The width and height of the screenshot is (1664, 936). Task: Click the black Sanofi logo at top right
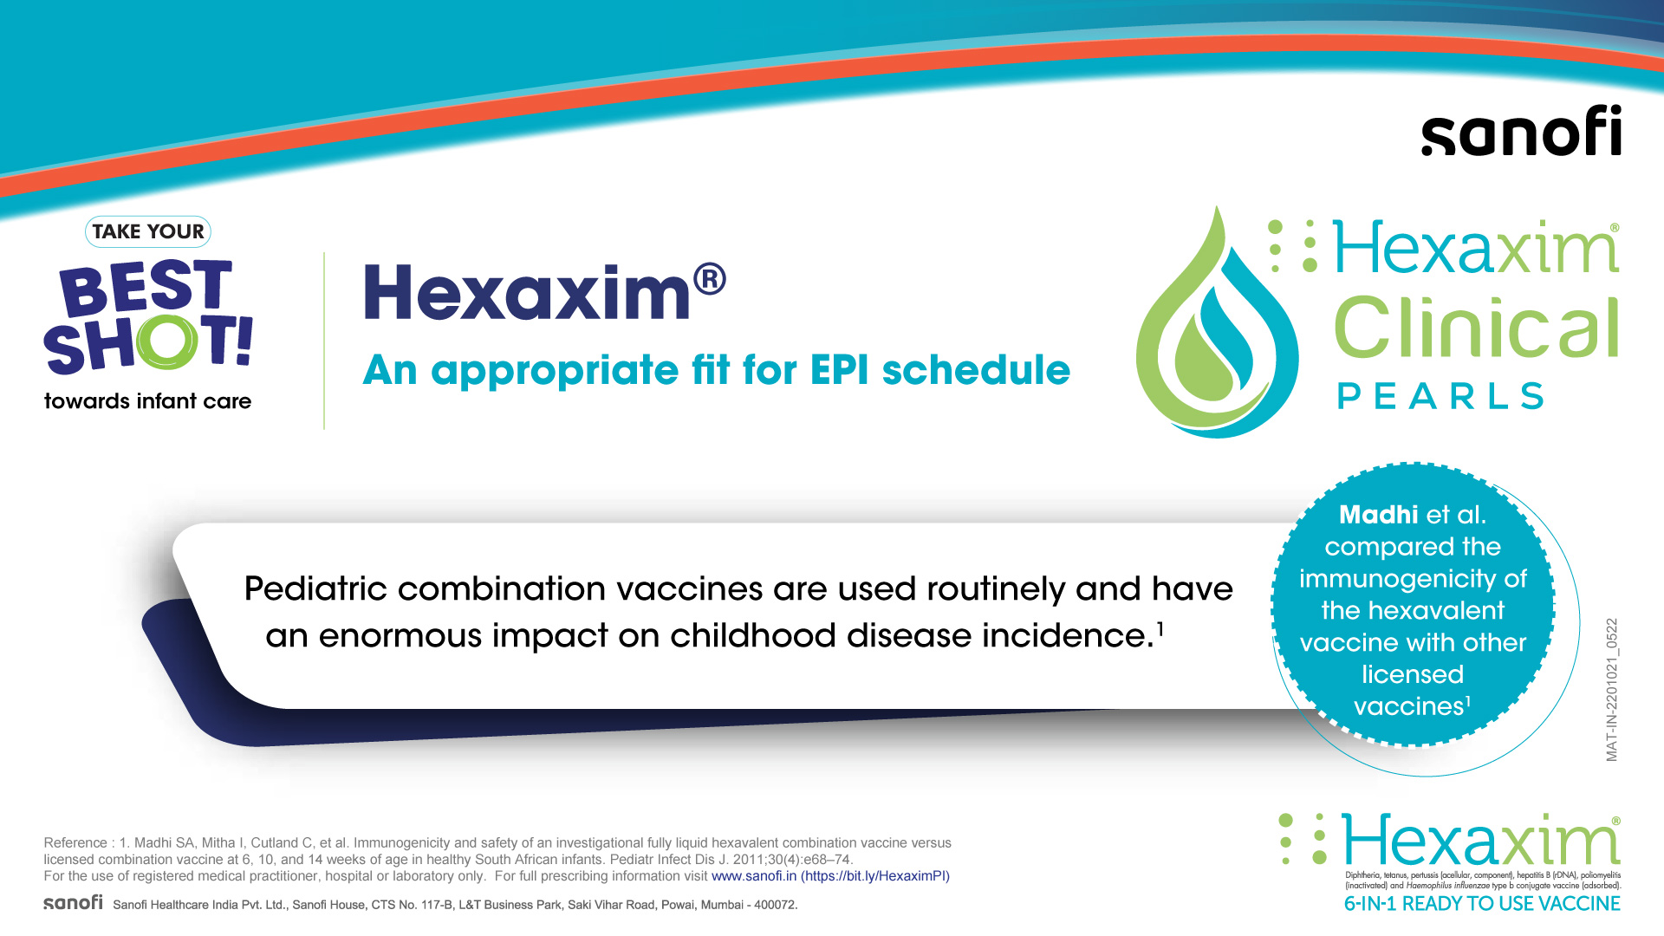pyautogui.click(x=1521, y=131)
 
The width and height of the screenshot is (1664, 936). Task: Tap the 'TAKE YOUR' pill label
pyautogui.click(x=148, y=231)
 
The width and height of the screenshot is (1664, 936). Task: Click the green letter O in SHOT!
pyautogui.click(x=167, y=341)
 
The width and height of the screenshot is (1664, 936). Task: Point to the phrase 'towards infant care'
pyautogui.click(x=147, y=401)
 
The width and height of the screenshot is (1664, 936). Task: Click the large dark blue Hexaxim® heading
pyautogui.click(x=544, y=291)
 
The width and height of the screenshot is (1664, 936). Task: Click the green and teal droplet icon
pyautogui.click(x=1217, y=322)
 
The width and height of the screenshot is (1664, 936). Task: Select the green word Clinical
pyautogui.click(x=1477, y=328)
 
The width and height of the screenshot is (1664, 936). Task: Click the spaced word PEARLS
pyautogui.click(x=1440, y=396)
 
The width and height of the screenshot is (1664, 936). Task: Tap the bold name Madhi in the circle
pyautogui.click(x=1378, y=515)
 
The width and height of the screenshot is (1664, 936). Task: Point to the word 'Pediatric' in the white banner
pyautogui.click(x=315, y=589)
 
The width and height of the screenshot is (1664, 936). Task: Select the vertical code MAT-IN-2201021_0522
pyautogui.click(x=1612, y=690)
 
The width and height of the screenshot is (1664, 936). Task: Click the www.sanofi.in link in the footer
pyautogui.click(x=754, y=876)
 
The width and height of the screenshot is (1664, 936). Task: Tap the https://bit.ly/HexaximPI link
pyautogui.click(x=875, y=876)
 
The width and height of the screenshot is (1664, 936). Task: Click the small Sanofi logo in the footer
pyautogui.click(x=73, y=902)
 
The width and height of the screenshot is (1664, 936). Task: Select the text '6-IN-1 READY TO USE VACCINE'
pyautogui.click(x=1482, y=904)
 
